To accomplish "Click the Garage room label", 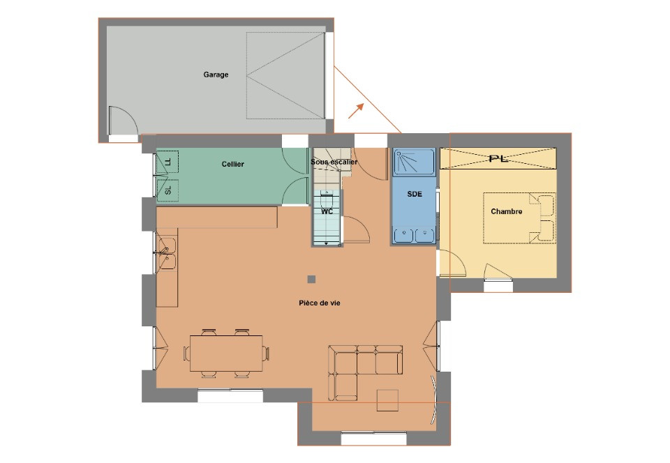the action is [x=216, y=75].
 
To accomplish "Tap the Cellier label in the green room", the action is [x=233, y=164].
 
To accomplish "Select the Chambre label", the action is [x=507, y=211].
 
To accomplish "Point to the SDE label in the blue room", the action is [x=415, y=194].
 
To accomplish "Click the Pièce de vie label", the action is [x=320, y=303].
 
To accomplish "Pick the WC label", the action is [x=327, y=211].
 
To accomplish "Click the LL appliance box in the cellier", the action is [x=167, y=162].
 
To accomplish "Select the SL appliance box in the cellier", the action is [x=167, y=190].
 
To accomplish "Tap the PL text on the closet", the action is [x=498, y=159].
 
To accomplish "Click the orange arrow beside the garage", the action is [x=356, y=111].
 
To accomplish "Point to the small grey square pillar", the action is [x=311, y=280].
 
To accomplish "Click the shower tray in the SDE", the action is [x=414, y=162].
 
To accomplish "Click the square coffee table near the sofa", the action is [x=387, y=400].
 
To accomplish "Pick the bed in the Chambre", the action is [x=519, y=218].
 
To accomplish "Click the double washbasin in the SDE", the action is [x=414, y=236].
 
